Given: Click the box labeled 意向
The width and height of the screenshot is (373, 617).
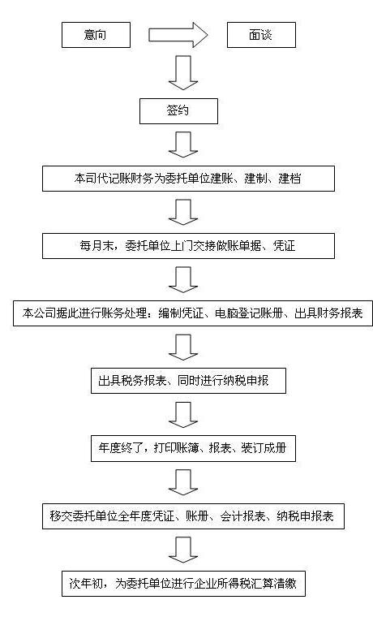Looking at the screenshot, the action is coord(96,35).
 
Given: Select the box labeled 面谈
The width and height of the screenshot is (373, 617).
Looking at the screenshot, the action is coord(261,35).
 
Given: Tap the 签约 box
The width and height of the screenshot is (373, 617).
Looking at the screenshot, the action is coord(178,111).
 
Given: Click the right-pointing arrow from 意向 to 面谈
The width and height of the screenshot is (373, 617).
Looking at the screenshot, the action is coord(178,35).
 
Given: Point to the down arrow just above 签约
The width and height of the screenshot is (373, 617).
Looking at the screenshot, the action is coord(183,73).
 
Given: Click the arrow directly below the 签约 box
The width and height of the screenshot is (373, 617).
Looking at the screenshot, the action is coord(183,145).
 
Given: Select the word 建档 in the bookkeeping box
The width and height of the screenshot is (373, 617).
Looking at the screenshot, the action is coord(289,179).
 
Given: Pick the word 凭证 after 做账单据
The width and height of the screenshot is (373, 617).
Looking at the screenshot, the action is coord(284,246).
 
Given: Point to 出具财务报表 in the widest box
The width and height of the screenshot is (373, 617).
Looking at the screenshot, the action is coord(328,313).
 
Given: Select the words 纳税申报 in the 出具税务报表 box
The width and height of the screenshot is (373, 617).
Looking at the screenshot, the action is coord(247,381).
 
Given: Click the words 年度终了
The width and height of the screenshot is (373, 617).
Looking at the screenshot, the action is coord(121,448).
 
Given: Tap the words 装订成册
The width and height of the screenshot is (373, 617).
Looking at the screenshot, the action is coord(264,448).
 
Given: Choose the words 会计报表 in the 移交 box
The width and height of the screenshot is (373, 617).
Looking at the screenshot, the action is coord(243,516).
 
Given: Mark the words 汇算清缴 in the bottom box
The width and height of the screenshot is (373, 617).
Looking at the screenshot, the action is coord(274,583).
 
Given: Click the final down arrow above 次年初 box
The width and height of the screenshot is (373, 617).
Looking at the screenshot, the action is coord(183,550).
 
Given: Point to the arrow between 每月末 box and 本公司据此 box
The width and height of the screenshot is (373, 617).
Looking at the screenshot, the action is coord(183,280).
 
